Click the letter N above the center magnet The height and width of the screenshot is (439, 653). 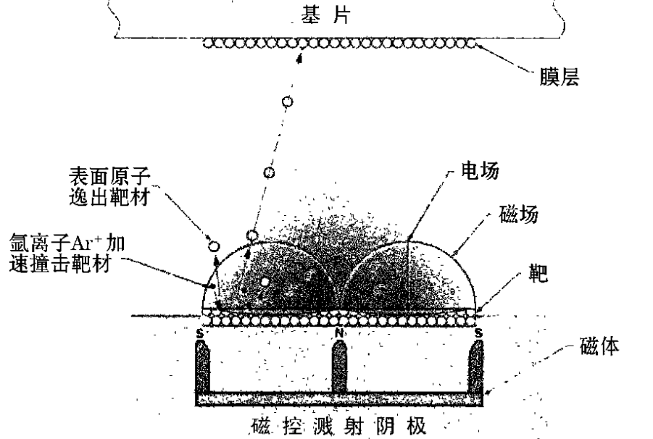[338, 333]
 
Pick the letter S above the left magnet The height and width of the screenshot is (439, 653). [200, 333]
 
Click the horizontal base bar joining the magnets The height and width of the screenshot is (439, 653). [339, 398]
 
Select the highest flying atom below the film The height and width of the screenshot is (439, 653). [288, 102]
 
